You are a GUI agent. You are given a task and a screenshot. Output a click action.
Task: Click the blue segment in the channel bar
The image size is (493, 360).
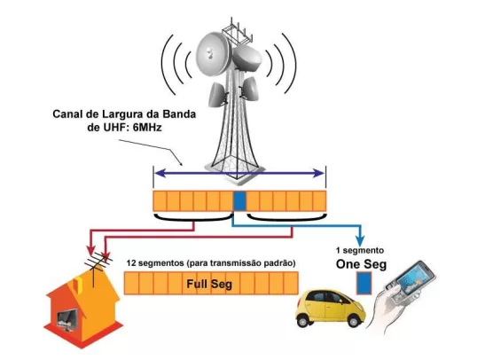point(239,200)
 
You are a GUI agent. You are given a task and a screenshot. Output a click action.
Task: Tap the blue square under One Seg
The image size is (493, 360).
point(364,283)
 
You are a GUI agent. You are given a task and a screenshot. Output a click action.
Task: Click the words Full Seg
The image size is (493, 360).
point(209,285)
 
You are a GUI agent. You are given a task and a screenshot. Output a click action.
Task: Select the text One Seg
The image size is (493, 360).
point(361,264)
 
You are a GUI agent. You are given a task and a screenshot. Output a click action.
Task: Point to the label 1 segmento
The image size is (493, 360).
point(360,251)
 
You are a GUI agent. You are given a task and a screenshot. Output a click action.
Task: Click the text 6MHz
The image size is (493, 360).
point(147,128)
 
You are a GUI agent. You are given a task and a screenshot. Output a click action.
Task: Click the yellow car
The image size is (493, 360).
point(330,309)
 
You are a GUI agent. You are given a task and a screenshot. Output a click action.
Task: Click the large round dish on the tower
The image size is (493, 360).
point(213,52)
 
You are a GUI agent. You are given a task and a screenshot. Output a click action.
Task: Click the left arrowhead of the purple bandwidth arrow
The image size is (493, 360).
point(160,173)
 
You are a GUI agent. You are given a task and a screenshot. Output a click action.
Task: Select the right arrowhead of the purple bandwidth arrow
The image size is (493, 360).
point(318,173)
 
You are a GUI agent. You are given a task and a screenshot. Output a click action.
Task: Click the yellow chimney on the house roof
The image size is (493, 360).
point(78,283)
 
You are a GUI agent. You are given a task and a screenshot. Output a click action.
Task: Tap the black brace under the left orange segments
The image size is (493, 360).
point(193,218)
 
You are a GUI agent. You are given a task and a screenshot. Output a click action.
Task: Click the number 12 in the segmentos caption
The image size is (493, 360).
point(131,262)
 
